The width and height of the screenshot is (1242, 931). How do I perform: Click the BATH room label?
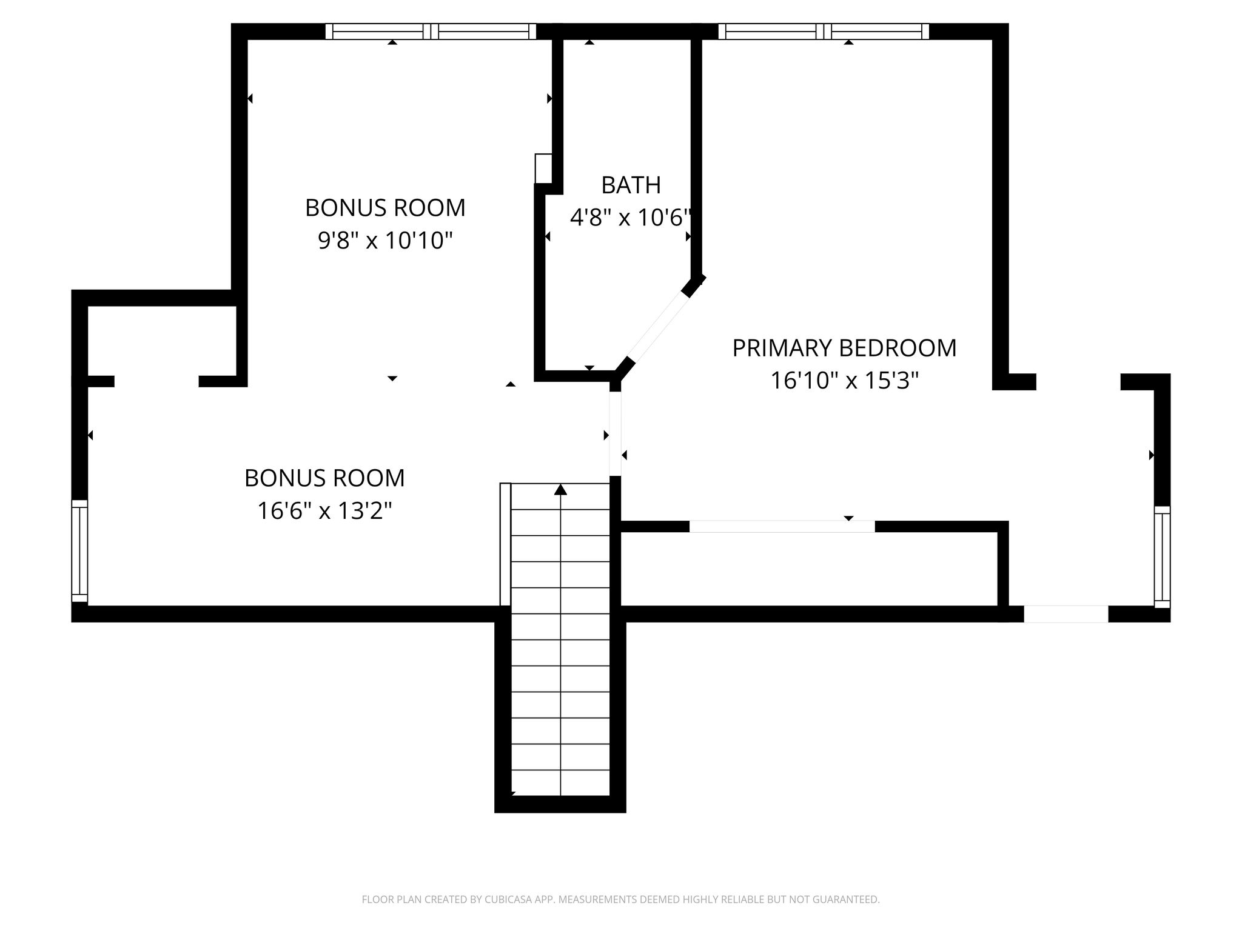click(631, 185)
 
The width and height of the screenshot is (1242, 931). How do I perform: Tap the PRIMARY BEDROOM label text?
click(844, 349)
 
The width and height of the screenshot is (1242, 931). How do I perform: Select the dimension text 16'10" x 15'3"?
click(844, 381)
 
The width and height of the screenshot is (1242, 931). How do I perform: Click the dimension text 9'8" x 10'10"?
click(386, 241)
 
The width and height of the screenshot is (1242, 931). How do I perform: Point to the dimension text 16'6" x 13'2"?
click(325, 511)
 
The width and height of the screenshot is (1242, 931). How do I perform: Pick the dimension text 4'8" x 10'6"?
click(631, 217)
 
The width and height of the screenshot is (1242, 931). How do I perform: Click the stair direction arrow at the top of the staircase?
click(560, 490)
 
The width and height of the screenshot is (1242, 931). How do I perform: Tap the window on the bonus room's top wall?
click(431, 32)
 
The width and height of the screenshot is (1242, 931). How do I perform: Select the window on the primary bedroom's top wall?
click(824, 32)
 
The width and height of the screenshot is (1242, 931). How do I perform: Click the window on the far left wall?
click(79, 552)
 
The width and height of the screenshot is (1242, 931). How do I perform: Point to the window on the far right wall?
click(1162, 556)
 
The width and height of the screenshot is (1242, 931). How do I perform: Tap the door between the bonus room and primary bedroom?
click(615, 434)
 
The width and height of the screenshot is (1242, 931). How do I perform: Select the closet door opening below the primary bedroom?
click(782, 527)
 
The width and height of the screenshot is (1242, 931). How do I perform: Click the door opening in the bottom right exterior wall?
click(1066, 614)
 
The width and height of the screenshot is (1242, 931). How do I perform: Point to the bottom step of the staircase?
click(560, 783)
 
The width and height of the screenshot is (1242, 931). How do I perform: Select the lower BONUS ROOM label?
click(325, 478)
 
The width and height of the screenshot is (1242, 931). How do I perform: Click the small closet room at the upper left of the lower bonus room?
click(162, 341)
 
